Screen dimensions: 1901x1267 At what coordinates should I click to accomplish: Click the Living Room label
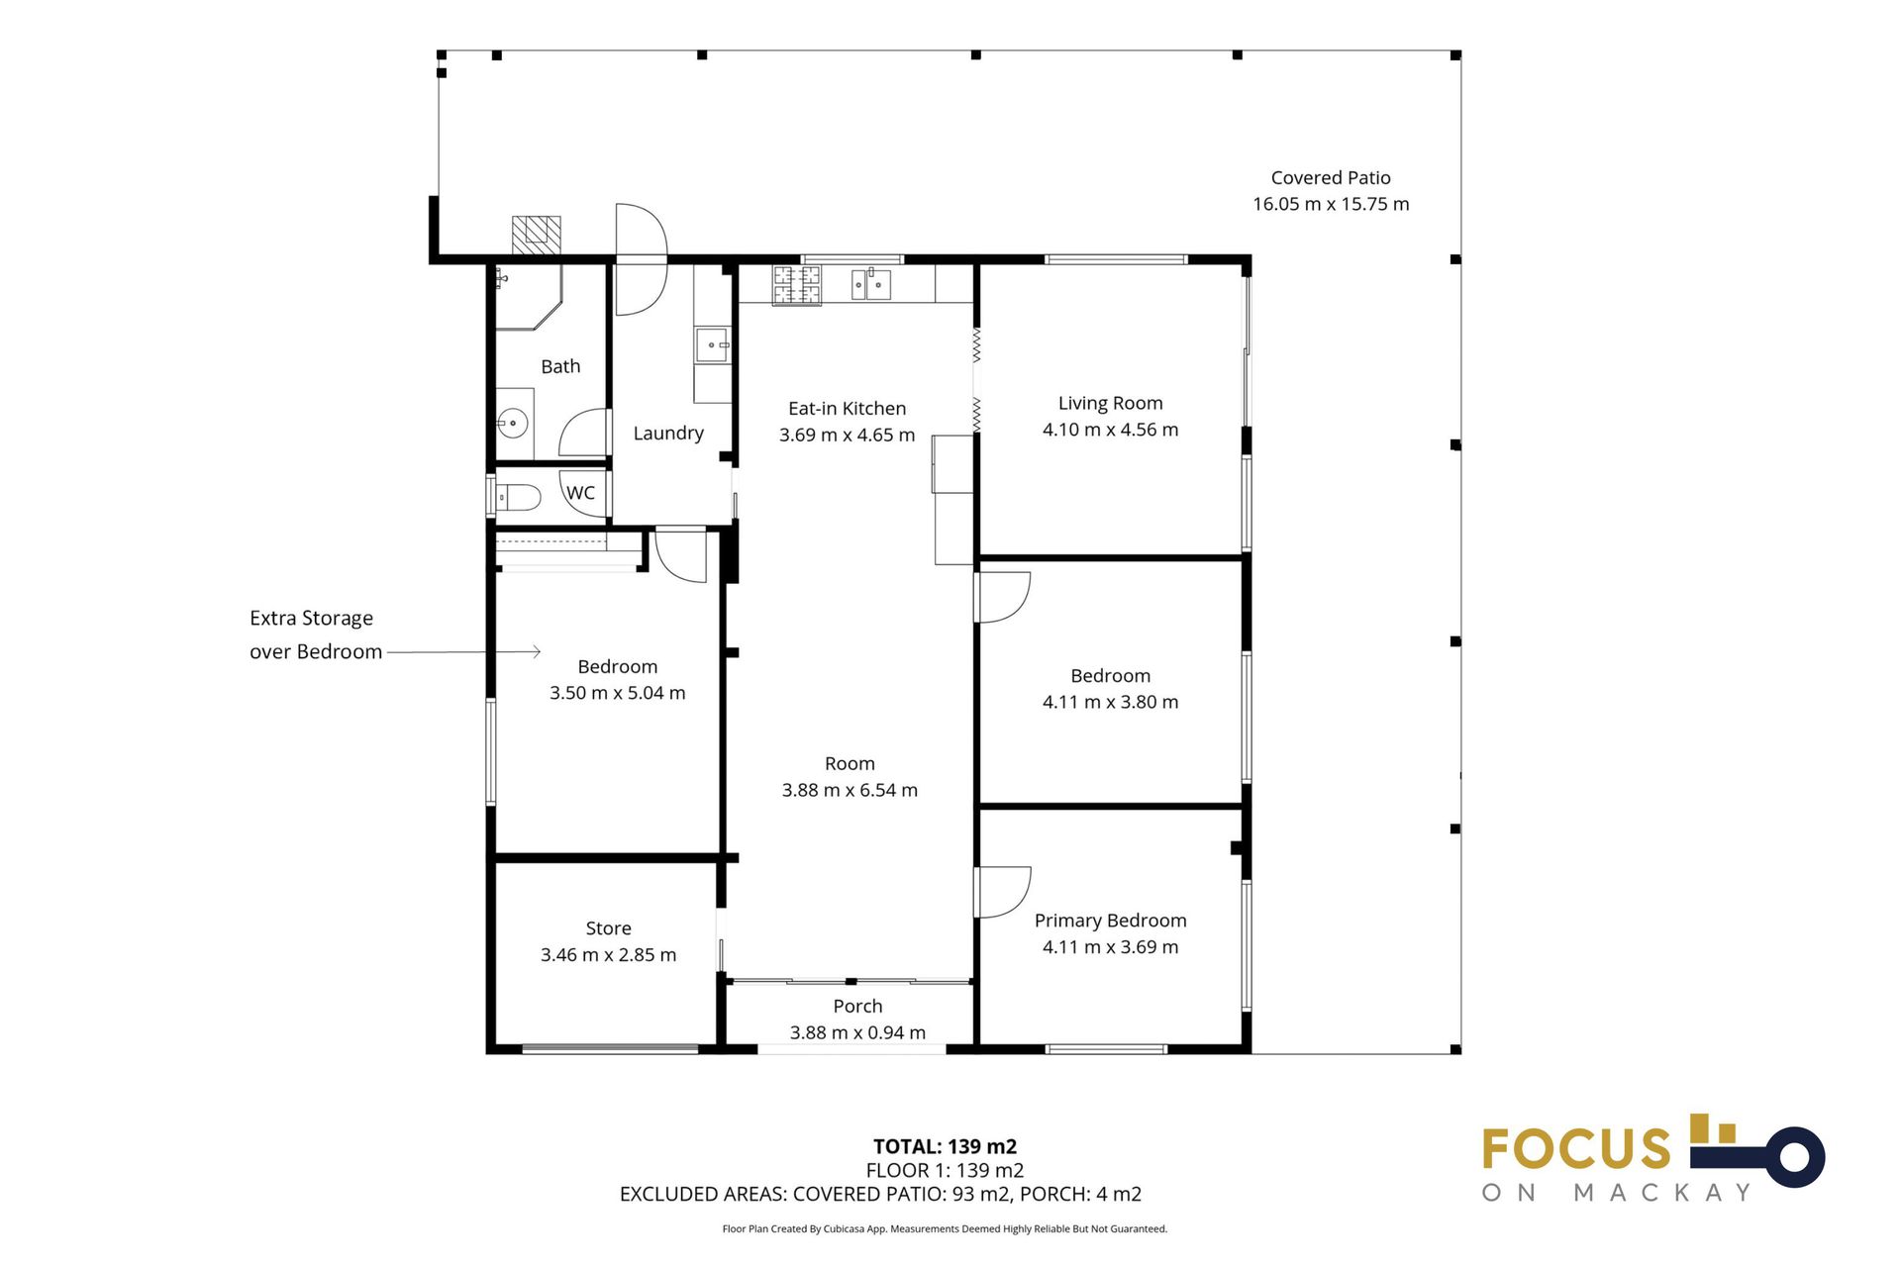click(1110, 403)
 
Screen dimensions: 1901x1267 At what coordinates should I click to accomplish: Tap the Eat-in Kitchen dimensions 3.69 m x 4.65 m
click(847, 435)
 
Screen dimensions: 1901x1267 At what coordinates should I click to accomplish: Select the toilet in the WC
click(517, 496)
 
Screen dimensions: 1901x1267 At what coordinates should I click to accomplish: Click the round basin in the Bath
click(513, 424)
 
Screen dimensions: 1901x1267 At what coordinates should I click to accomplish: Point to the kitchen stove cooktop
click(797, 286)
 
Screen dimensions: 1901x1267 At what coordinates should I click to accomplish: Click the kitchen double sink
click(871, 285)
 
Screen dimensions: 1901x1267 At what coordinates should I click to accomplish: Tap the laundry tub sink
click(712, 345)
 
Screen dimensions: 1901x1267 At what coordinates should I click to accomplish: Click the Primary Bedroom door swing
click(1003, 892)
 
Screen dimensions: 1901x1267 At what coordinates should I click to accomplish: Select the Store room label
click(608, 928)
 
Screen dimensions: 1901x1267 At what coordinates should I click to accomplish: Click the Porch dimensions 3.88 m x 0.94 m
click(857, 1032)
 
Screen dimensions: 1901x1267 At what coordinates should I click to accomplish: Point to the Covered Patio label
click(1331, 178)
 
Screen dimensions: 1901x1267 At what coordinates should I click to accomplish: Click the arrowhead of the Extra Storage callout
click(537, 651)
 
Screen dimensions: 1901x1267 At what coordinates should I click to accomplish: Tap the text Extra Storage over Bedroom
click(315, 634)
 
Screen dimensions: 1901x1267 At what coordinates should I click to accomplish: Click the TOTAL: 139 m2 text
click(945, 1146)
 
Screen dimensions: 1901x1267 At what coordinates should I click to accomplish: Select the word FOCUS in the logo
click(1576, 1149)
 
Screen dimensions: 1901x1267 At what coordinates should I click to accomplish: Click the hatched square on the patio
click(536, 236)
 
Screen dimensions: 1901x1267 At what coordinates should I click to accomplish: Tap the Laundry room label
click(668, 433)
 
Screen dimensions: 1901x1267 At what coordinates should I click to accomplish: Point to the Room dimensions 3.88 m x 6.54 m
click(850, 790)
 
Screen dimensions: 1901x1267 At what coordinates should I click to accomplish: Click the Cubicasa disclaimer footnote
click(945, 1228)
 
